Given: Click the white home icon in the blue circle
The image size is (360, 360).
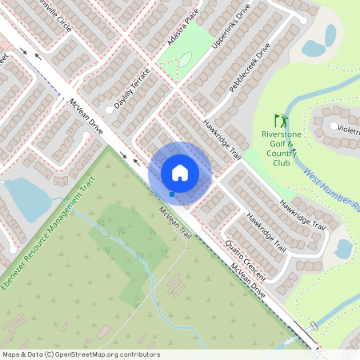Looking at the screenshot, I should [180, 172].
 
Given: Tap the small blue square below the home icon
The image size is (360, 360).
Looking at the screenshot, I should [172, 194].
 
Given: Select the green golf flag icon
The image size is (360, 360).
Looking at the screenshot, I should [279, 118].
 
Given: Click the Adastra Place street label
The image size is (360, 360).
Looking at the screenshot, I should [180, 26].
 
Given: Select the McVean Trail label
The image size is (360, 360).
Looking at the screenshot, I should [175, 226].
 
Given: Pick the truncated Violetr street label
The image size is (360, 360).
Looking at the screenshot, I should [347, 128].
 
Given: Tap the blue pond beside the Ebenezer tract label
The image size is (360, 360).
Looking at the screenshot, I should [22, 198].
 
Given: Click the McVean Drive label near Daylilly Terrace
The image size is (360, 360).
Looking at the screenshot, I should [86, 117].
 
